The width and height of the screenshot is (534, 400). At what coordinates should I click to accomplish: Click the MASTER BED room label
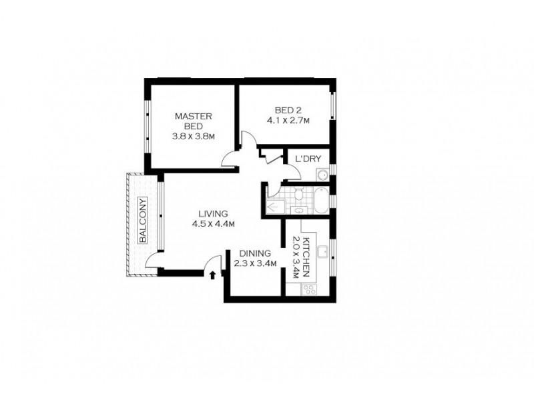click(x=193, y=121)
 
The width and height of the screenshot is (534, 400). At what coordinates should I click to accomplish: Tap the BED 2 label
click(x=288, y=111)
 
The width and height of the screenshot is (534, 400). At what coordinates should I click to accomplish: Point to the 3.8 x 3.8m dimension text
click(x=193, y=139)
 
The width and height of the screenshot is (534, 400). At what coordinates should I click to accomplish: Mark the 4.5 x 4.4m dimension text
click(x=213, y=224)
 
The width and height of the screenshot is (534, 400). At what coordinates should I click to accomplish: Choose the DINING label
click(x=254, y=254)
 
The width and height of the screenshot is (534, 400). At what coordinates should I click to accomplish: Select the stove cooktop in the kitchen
click(x=309, y=289)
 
